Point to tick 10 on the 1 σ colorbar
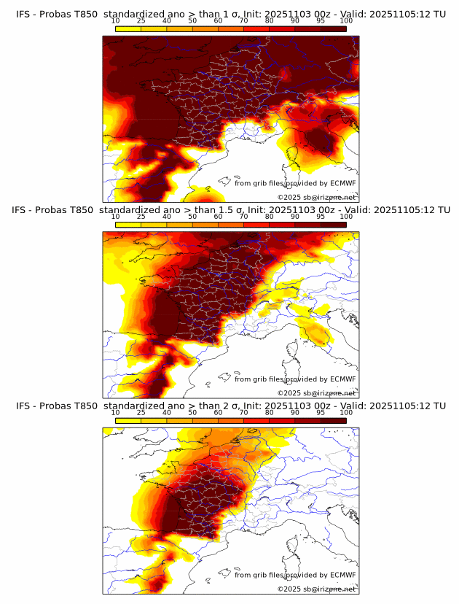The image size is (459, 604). tap(115, 20)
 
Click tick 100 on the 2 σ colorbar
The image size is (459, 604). tap(346, 413)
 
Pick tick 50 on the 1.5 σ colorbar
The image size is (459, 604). tap(192, 217)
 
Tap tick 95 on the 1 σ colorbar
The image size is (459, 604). tap(321, 20)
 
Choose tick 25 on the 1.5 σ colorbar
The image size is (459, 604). tap(141, 217)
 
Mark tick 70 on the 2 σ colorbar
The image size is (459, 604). tap(243, 413)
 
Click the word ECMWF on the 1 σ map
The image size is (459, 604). tap(343, 183)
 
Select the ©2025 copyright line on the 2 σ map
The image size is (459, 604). tap(316, 589)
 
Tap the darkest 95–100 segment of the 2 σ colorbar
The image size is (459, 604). tap(334, 421)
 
